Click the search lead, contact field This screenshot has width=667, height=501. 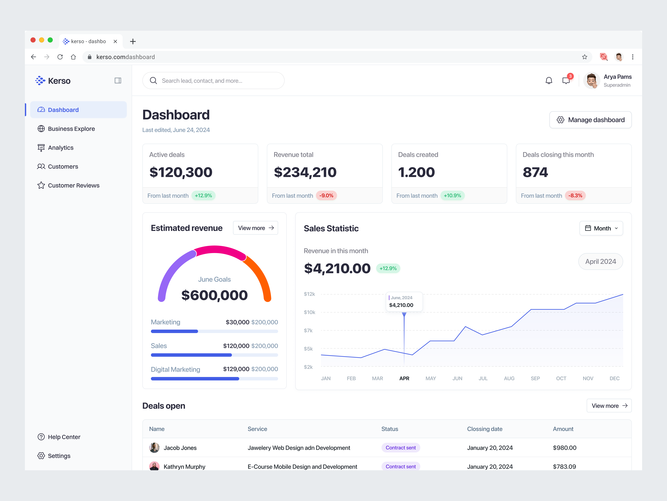[x=213, y=81]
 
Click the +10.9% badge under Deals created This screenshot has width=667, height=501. [x=452, y=196]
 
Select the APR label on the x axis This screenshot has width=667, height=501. [x=404, y=378]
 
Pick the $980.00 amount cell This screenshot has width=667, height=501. [x=564, y=448]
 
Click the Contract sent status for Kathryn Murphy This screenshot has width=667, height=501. [x=400, y=467]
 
